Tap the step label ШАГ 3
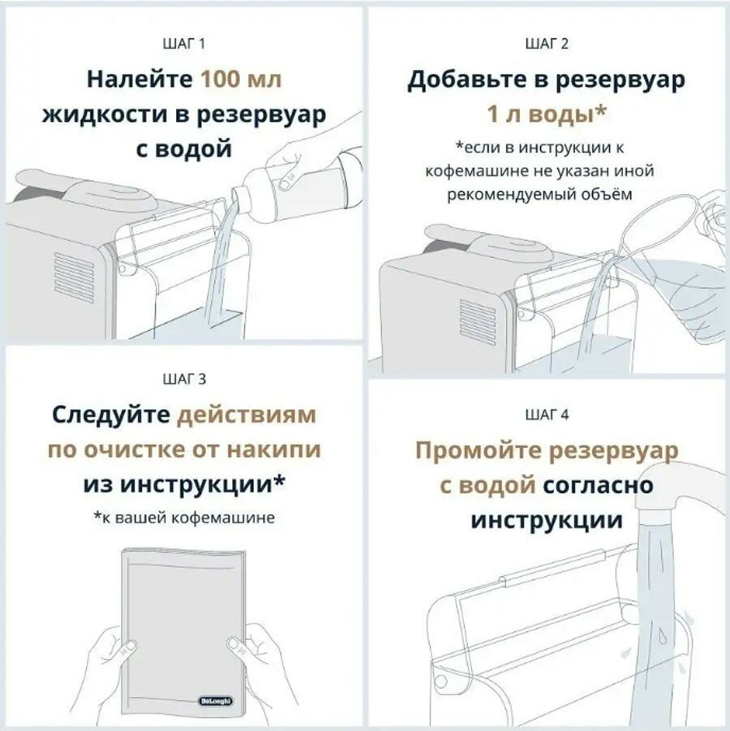click(184, 378)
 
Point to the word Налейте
click(140, 80)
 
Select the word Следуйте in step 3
click(110, 415)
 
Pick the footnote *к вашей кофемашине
click(184, 517)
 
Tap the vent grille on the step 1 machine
click(75, 276)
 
